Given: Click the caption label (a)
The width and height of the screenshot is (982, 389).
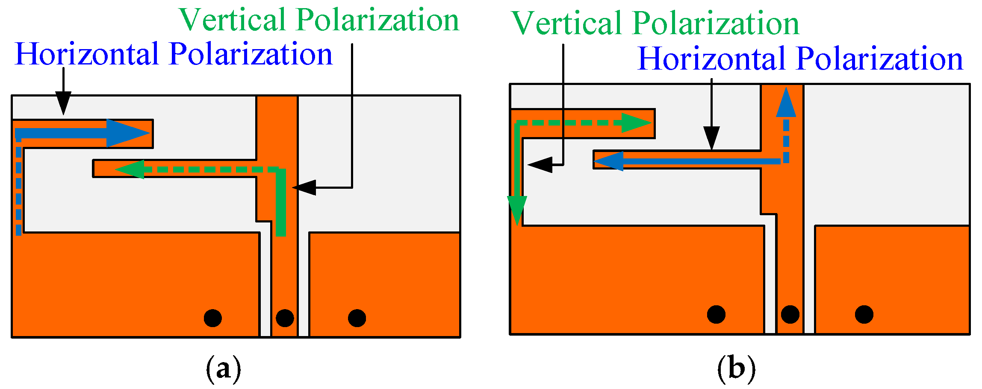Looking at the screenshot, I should click(223, 368).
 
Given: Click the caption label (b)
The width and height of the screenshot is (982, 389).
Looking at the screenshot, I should click(736, 368).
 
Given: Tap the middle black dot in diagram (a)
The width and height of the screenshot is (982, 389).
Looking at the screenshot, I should click(285, 318).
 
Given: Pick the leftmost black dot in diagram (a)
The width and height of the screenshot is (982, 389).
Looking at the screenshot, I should click(212, 318).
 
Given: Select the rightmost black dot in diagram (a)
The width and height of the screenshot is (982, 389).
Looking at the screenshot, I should click(357, 318).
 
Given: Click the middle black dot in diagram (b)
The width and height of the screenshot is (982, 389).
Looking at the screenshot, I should click(790, 314).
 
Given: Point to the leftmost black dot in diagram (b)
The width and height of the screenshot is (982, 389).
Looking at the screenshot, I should click(716, 314).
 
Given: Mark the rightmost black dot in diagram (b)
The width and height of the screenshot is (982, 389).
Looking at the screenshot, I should click(864, 314).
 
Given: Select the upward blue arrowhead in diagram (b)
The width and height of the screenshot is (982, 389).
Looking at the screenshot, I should click(786, 103).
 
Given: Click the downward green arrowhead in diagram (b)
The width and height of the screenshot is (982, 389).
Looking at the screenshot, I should click(517, 209).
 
